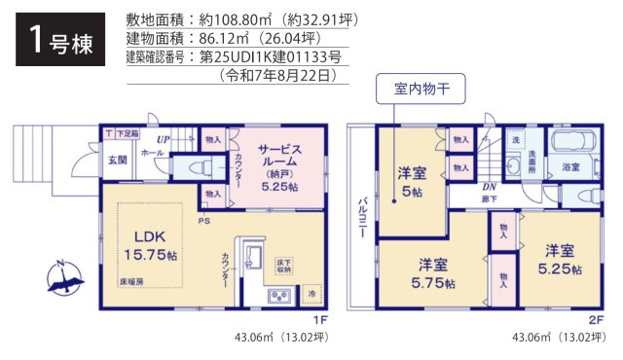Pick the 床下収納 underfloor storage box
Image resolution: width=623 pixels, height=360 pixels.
[x=283, y=264]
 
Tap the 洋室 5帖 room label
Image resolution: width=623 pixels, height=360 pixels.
[x=410, y=182]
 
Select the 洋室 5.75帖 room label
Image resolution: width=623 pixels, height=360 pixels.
[x=433, y=273]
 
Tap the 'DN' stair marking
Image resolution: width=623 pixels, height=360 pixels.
[x=489, y=187]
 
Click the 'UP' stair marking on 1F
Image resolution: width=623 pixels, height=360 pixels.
[x=165, y=140]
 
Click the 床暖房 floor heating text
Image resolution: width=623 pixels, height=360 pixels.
[x=131, y=280]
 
